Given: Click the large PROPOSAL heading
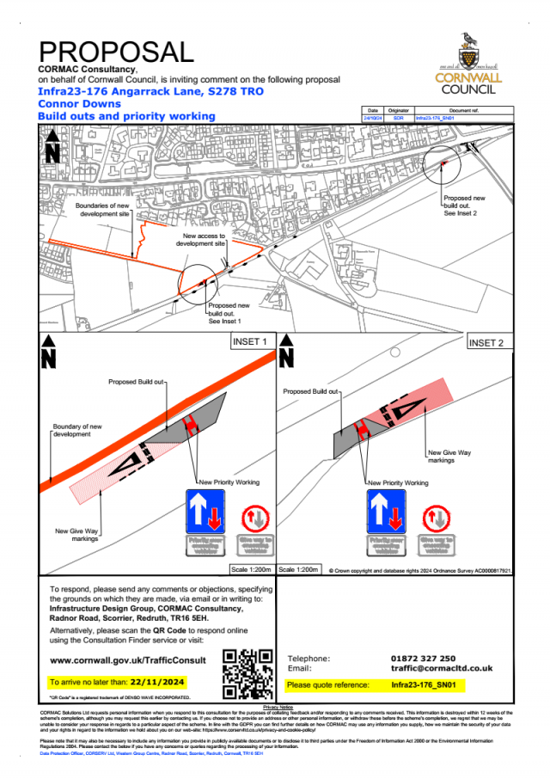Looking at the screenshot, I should (x=117, y=51).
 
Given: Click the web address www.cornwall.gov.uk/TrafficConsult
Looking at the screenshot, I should (x=128, y=660).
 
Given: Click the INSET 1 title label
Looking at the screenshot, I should (x=251, y=341).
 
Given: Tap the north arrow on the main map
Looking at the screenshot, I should (x=52, y=147).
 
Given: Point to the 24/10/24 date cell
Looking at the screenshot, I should (x=372, y=118).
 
